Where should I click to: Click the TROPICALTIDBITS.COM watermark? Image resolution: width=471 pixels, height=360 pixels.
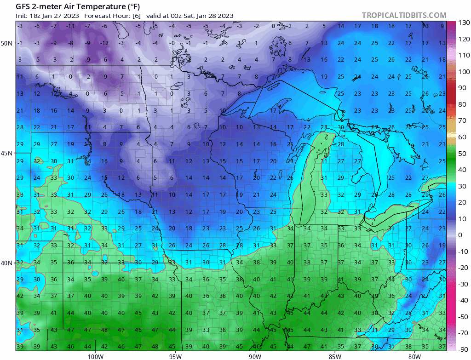[404, 15]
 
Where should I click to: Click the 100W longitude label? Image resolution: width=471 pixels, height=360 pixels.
[95, 356]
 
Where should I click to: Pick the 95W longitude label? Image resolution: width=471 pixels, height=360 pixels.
[175, 356]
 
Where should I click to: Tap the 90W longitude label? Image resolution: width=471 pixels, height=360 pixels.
[255, 356]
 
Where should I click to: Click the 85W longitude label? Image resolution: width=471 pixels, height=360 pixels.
[335, 356]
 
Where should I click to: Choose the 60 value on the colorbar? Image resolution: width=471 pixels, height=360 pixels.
[461, 137]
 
